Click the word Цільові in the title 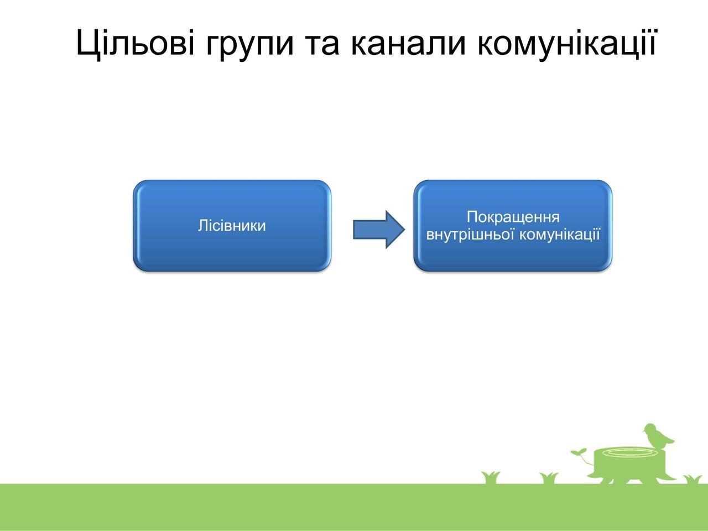(x=136, y=44)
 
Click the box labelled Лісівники (x=232, y=226)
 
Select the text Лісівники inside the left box (x=232, y=226)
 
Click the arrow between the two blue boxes (x=379, y=230)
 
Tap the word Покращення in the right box (x=513, y=217)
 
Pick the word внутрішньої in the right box (x=470, y=235)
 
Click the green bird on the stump (x=658, y=438)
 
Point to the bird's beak (x=643, y=430)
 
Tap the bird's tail (x=670, y=441)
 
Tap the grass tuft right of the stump (x=692, y=480)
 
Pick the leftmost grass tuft (x=491, y=477)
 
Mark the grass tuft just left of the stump (x=549, y=478)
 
